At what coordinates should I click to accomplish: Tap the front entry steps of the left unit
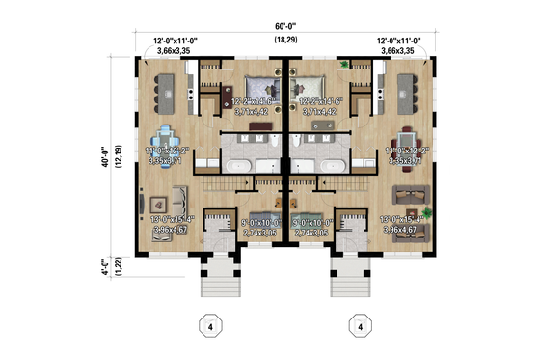click(214, 279)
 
